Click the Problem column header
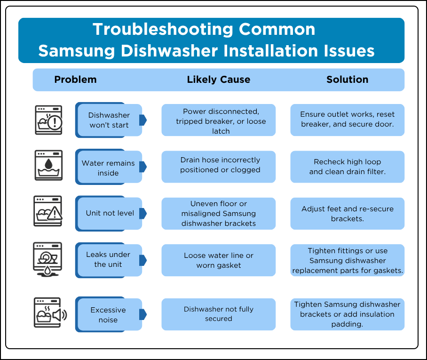click(75, 80)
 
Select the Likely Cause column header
click(218, 80)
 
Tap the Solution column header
click(347, 80)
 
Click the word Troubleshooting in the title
click(163, 29)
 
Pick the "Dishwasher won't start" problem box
click(109, 120)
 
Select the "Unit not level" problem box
click(110, 213)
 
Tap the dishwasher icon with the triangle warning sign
click(48, 212)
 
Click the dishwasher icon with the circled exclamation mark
click(49, 120)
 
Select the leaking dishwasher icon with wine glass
click(48, 258)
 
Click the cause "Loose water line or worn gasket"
click(218, 260)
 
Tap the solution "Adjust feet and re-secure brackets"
click(347, 214)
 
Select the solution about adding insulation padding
click(347, 314)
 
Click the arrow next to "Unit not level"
click(143, 213)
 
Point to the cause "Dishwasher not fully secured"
click(218, 314)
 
